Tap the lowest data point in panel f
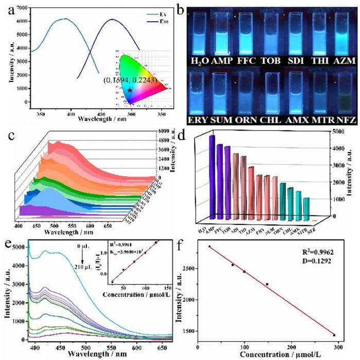coord(334,335)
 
